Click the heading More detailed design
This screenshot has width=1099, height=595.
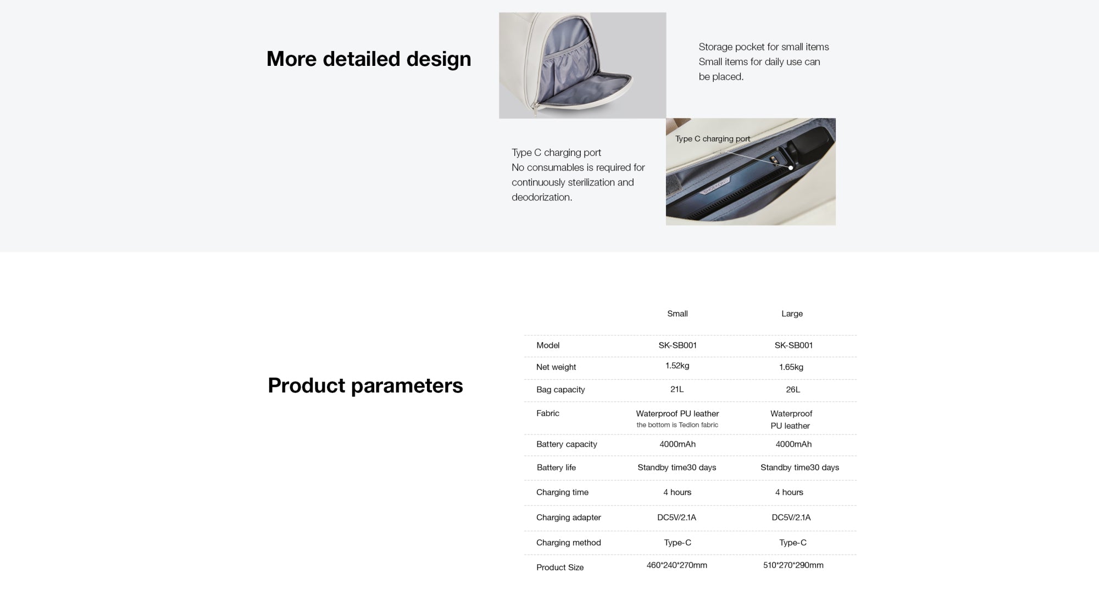pos(369,59)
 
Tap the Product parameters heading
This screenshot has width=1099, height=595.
pos(365,385)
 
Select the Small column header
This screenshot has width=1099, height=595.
pos(677,313)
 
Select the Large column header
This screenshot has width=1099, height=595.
pos(792,313)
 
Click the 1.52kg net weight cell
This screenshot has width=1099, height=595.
pos(677,366)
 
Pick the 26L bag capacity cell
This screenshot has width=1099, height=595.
pos(793,389)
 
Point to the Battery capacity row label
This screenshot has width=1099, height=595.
pos(567,444)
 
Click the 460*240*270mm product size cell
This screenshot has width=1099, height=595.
pos(677,565)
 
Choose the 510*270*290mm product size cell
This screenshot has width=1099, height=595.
pos(793,565)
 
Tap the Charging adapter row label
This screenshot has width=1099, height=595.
pos(569,517)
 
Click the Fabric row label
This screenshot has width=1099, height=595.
pos(548,413)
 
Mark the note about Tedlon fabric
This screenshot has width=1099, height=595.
pos(677,425)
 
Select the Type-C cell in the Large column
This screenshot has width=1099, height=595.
pos(793,542)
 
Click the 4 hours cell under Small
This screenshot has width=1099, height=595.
pos(677,492)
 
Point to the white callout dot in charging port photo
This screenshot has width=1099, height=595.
pos(791,168)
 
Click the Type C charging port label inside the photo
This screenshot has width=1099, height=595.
pos(713,139)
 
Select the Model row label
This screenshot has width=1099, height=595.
pos(548,345)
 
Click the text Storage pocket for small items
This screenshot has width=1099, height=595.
pos(764,47)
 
